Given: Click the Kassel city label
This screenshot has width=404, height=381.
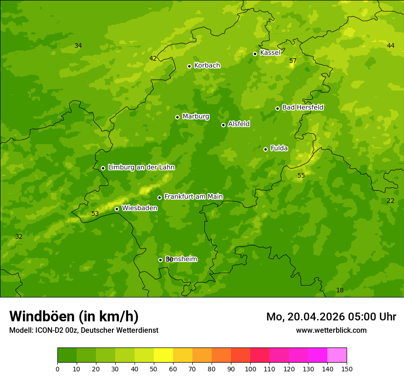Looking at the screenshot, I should pos(270,53).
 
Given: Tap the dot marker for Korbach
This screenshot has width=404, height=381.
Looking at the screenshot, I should pos(189,66).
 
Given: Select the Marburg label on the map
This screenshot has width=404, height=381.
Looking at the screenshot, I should pos(196,117).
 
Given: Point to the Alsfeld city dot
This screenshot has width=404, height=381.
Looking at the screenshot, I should pos(223,125).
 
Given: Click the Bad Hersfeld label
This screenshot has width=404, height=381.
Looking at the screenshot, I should pos(303,107).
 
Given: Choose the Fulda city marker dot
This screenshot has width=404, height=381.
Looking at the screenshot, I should pos(265,149).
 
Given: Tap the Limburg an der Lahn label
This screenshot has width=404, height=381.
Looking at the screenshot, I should pos(141,168).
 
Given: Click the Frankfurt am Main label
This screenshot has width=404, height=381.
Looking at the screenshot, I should pos(193,196).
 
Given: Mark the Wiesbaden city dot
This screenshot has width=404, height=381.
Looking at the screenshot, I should pos(117,209).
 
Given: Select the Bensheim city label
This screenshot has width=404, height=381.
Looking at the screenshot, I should pos(181,259).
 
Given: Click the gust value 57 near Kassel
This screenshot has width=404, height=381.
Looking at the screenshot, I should pos(293,61).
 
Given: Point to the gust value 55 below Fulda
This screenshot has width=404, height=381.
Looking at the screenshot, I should pos(301,176).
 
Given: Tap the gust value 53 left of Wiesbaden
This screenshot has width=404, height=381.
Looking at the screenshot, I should pos(95,213).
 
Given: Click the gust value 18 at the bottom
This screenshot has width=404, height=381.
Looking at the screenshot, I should pos(340,291).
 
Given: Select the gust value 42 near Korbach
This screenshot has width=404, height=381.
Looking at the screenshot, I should pos(153,58).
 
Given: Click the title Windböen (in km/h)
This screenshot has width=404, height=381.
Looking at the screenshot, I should pos(74,316).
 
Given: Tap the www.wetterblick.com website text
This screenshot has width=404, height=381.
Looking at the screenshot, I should pos(331,331).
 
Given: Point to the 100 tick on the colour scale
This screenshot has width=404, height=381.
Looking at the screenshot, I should pos(250,369).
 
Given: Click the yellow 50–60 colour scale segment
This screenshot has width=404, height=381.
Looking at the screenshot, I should pos(163,355).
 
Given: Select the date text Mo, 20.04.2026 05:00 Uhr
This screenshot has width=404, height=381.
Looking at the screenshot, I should pos(331,317).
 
